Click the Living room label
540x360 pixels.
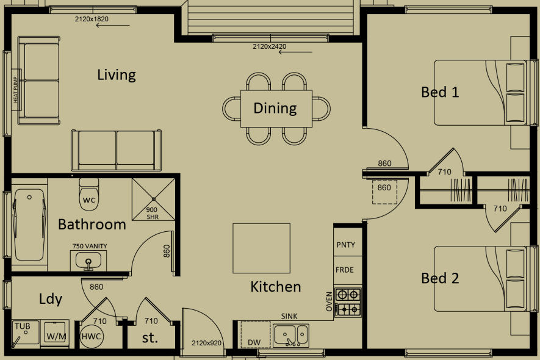point(116,75)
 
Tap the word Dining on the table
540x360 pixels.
point(275,108)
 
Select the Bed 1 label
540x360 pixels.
point(440,92)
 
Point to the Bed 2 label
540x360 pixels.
point(440,278)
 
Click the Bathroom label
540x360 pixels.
point(92,225)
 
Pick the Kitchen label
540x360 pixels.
point(276,286)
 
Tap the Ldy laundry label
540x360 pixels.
point(51,299)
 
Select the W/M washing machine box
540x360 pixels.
point(56,336)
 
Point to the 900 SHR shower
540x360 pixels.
point(153,198)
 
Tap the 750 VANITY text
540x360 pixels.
point(90,247)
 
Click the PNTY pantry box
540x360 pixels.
point(345,245)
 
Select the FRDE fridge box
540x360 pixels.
point(345,270)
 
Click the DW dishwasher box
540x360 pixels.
point(254,342)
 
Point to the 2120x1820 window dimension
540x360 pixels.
point(92,20)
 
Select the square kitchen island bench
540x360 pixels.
point(261,248)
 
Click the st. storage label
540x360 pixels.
point(149,337)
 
